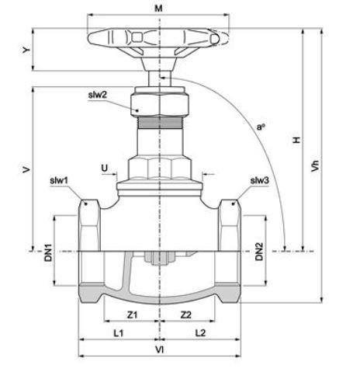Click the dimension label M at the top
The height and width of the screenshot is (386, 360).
(x=158, y=9)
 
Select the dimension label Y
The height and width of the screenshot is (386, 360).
(x=26, y=50)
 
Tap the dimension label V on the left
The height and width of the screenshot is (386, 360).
(x=26, y=169)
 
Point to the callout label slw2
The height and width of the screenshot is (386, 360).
(x=98, y=95)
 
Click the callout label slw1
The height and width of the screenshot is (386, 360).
(x=59, y=180)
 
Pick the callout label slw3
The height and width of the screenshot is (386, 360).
(x=259, y=180)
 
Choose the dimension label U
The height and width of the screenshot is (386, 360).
(x=105, y=169)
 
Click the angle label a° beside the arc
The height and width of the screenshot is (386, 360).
(x=261, y=127)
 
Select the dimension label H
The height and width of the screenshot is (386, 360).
(x=296, y=140)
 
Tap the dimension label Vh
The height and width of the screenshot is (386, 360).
(x=315, y=165)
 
